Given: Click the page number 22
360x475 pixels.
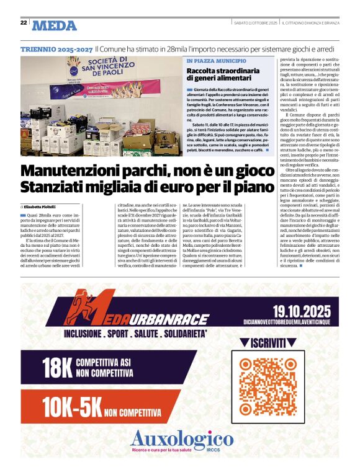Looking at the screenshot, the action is click(x=23, y=23).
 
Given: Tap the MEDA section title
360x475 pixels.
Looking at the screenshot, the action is click(x=55, y=25).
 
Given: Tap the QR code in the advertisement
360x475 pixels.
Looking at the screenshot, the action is click(x=276, y=386).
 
